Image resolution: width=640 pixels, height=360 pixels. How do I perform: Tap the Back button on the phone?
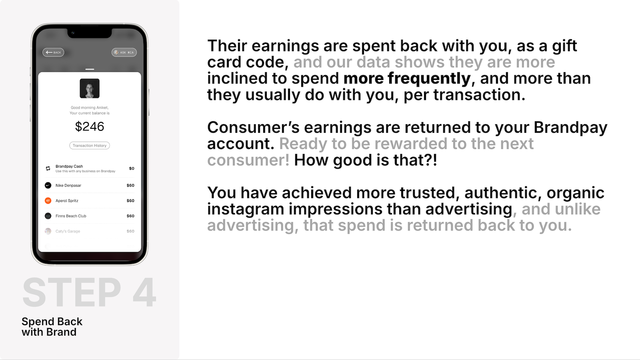click(54, 52)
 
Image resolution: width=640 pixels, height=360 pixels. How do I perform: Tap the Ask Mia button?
click(124, 52)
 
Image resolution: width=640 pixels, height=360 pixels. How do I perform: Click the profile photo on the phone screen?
click(90, 88)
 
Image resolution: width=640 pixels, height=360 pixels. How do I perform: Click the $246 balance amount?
click(90, 126)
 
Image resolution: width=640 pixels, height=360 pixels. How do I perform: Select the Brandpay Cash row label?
click(69, 166)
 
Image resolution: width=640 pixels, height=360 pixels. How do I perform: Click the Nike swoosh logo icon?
click(48, 186)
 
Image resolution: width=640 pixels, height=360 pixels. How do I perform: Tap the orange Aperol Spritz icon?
click(48, 200)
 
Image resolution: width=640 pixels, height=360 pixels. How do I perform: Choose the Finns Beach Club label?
click(71, 216)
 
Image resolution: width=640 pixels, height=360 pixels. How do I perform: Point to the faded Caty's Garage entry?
click(68, 231)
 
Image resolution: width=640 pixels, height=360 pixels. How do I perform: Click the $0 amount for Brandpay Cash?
click(132, 168)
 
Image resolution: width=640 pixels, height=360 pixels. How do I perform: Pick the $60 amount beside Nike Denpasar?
click(130, 186)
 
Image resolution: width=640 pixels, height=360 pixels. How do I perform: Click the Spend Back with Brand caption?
click(52, 327)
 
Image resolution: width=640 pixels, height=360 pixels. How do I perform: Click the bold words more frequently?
click(407, 78)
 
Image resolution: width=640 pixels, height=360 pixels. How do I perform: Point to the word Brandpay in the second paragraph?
click(570, 128)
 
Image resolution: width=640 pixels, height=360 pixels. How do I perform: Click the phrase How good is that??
click(366, 160)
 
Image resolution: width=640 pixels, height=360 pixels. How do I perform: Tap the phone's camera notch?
click(90, 33)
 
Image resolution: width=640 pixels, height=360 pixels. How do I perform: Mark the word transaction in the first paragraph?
click(479, 95)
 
